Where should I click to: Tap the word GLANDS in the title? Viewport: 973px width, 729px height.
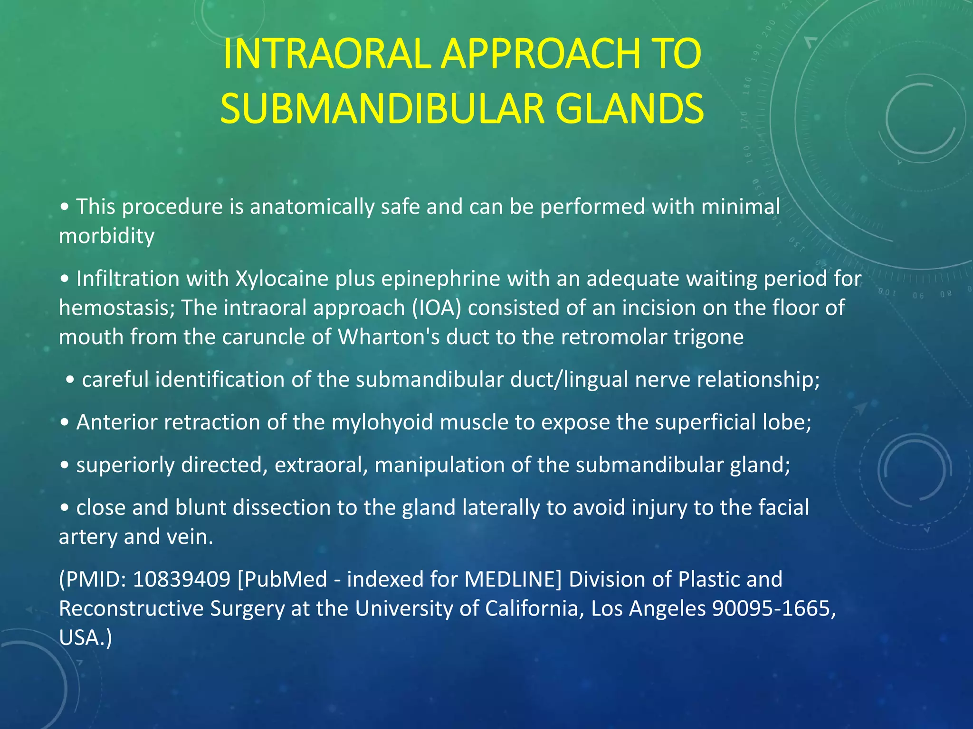(x=629, y=109)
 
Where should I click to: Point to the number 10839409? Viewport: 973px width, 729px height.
(x=181, y=579)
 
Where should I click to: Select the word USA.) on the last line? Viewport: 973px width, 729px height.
(x=86, y=637)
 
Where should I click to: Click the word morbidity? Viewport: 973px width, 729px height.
(x=106, y=236)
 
